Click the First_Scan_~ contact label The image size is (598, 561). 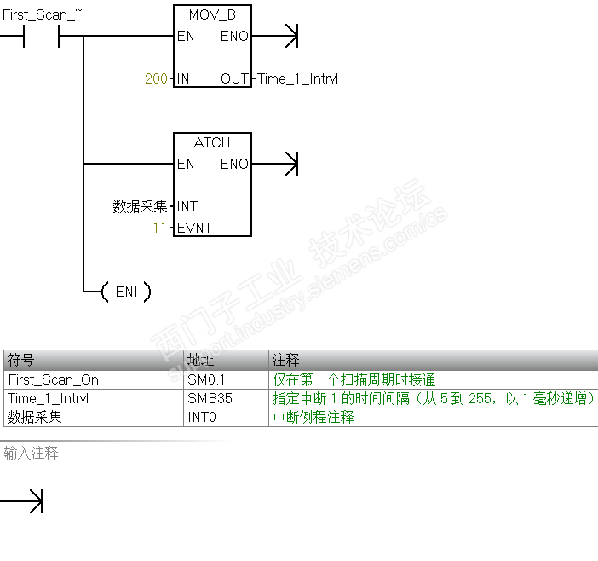coord(43,14)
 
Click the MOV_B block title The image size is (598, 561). coord(212,14)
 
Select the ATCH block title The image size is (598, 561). coord(212,142)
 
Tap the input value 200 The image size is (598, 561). coord(156,79)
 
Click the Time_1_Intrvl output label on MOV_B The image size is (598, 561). coord(297,79)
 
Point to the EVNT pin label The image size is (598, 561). coord(194,228)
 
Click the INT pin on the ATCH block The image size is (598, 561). coord(187,206)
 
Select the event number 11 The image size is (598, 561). coord(160,228)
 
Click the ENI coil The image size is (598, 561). coord(125,292)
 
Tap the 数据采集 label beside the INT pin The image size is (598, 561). coord(140,206)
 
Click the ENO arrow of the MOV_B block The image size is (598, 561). coord(289,36)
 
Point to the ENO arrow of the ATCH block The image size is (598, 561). coord(289,164)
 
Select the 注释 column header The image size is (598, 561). coord(285,361)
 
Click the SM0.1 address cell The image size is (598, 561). coord(206,379)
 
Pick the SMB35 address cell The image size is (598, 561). coord(210,398)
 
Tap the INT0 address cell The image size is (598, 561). coord(203,417)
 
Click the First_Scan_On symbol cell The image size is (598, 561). coord(53,379)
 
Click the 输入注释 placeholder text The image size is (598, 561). coord(31,453)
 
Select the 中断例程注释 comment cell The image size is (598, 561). coord(313,417)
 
